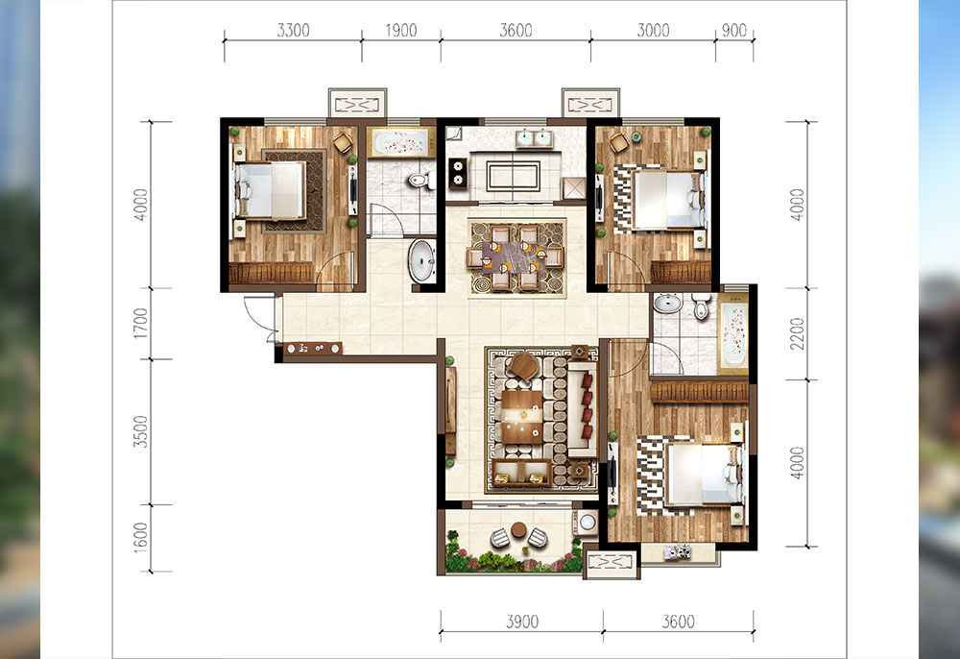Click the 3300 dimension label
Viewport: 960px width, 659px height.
(x=293, y=30)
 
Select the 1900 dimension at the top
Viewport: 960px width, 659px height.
(x=401, y=30)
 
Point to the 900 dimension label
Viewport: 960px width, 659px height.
(x=734, y=30)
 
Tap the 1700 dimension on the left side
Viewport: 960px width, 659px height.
(x=141, y=324)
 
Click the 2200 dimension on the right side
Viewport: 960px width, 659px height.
(x=797, y=333)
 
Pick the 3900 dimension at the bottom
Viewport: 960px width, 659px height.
(x=522, y=622)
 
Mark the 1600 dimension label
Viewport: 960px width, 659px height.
(x=141, y=538)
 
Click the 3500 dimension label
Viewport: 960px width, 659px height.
(x=141, y=431)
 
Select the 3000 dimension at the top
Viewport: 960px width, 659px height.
(x=653, y=30)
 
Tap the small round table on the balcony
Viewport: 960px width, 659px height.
(x=518, y=529)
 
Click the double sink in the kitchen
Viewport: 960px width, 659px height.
(x=534, y=138)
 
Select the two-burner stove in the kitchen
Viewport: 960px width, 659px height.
(x=457, y=173)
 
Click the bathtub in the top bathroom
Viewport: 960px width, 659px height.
(x=401, y=143)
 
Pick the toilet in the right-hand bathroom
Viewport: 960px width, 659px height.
(x=701, y=307)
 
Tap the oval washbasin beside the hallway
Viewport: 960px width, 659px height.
(x=421, y=260)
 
